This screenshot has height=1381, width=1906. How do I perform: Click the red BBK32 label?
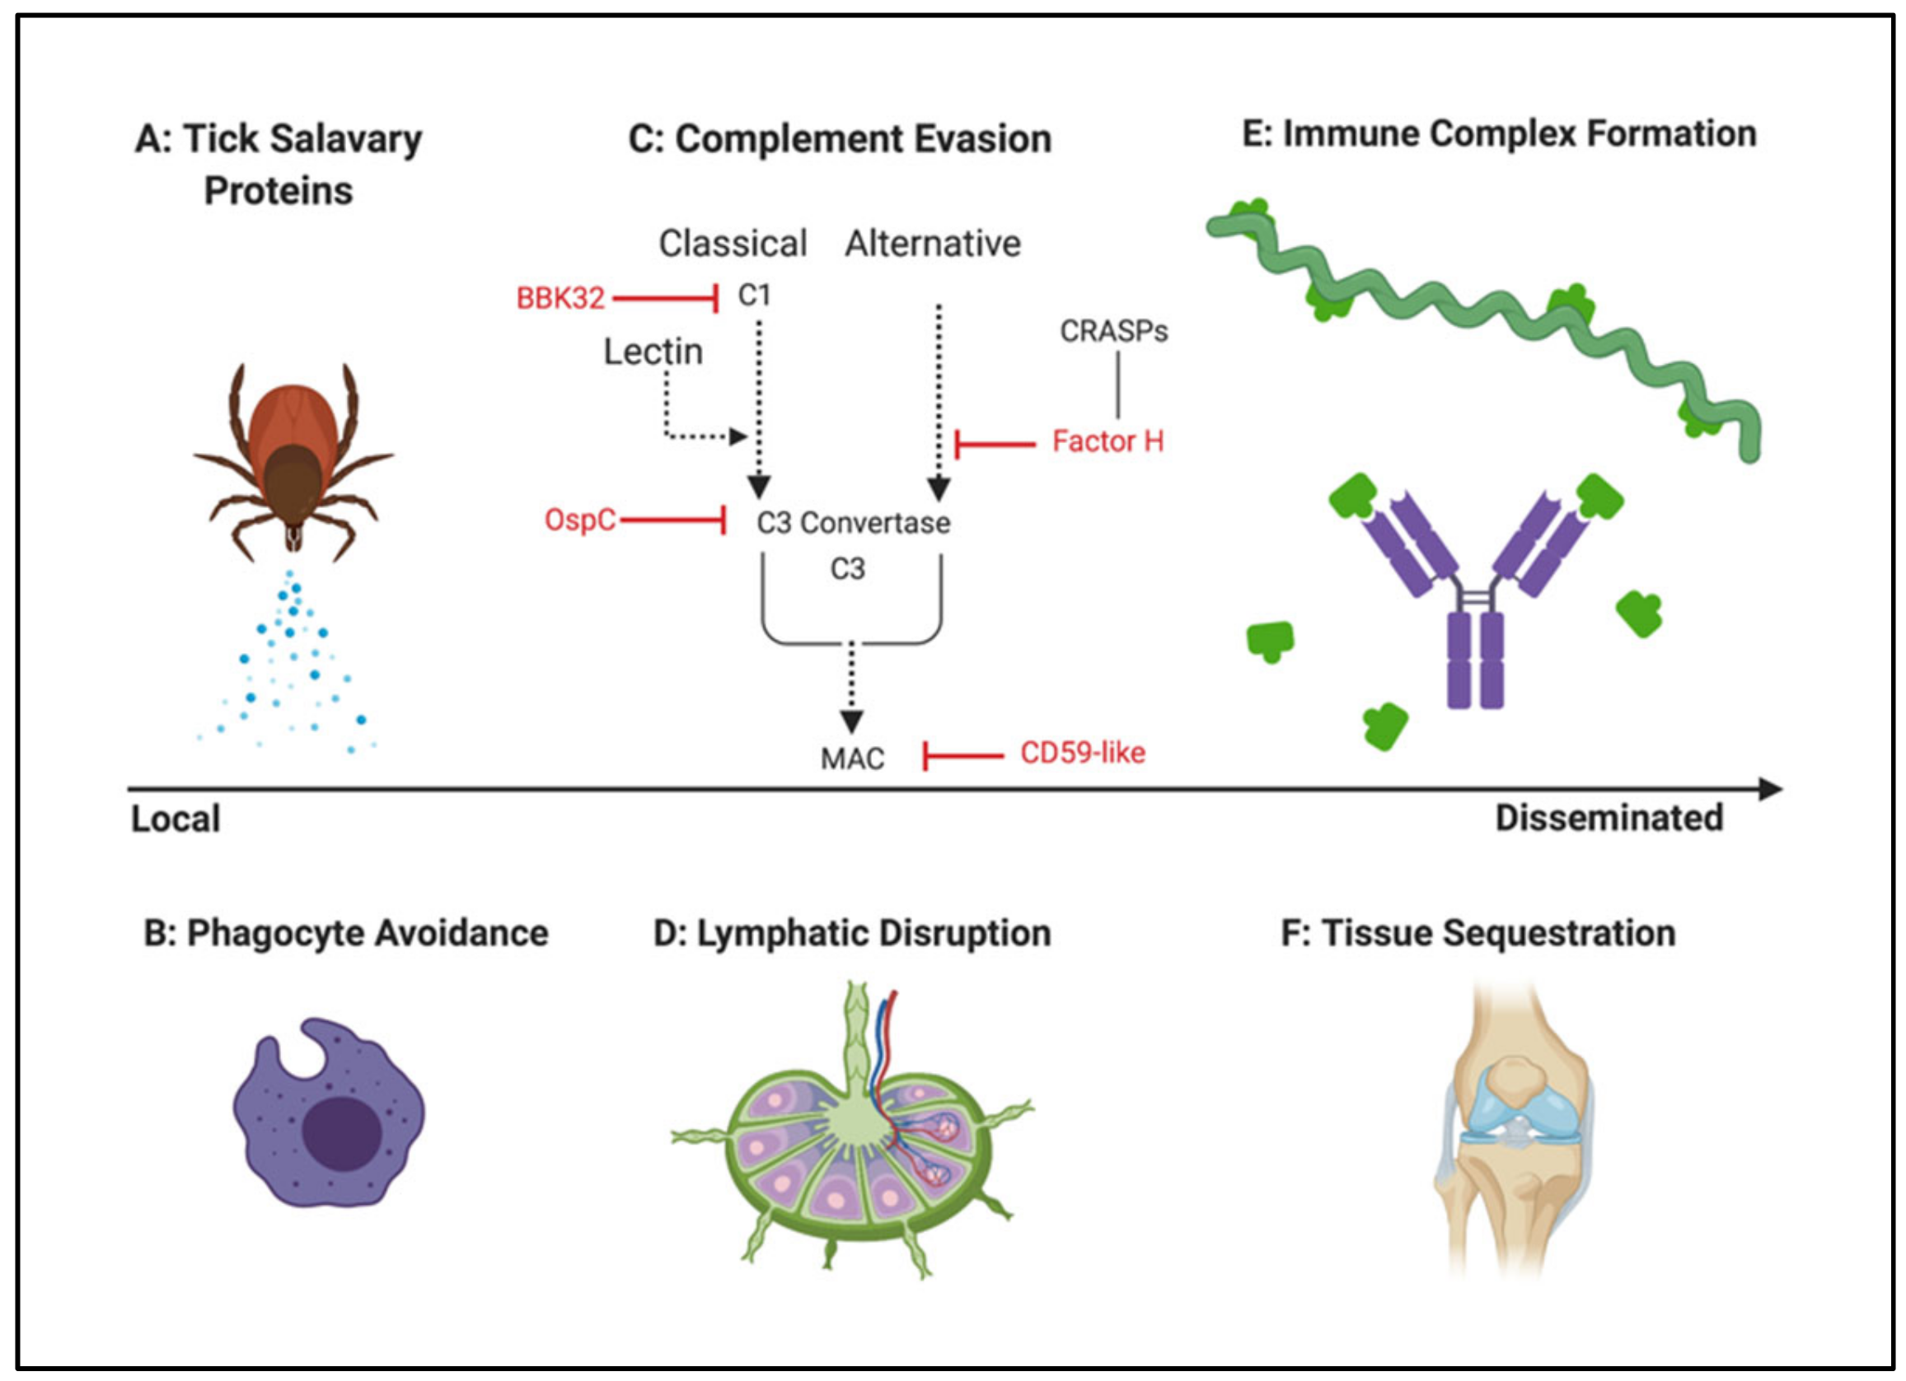point(560,298)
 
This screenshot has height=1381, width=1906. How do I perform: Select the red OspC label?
point(580,520)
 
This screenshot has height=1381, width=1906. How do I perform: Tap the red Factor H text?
point(1108,442)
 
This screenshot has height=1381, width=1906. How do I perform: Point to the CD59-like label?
point(1083,753)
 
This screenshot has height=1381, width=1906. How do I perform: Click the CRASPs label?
point(1113,332)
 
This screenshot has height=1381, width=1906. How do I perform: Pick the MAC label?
point(852,759)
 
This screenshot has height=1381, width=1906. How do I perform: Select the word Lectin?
point(653,352)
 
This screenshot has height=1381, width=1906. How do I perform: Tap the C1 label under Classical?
point(754,296)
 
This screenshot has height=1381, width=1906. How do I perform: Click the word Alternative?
point(933,245)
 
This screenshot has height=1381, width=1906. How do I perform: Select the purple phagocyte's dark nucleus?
point(342,1133)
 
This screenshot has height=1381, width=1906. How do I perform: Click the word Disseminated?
point(1609,819)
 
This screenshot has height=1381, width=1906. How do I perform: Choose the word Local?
point(176,819)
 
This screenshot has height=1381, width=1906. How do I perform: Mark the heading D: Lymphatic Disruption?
point(852,933)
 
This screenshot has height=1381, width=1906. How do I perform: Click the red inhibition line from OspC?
point(672,520)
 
